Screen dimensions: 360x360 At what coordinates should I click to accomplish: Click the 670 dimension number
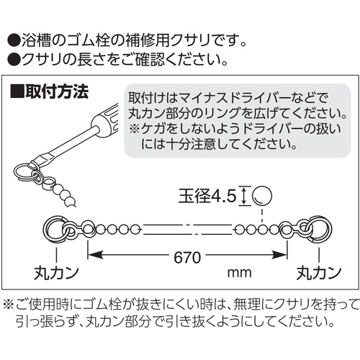187,258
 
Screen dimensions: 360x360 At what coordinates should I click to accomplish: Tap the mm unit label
239,273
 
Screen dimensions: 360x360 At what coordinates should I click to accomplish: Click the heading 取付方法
57,91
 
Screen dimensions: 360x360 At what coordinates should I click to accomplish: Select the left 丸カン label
56,273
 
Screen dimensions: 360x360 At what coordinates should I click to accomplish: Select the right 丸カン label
319,273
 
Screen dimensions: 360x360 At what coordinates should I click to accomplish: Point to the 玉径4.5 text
207,197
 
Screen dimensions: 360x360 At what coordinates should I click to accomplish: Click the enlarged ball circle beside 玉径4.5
262,196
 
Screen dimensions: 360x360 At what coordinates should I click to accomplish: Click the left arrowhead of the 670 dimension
94,255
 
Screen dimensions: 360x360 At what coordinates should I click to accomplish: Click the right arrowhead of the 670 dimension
279,255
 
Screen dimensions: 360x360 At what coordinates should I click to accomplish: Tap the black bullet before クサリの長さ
14,59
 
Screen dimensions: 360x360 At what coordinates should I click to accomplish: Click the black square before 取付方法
17,91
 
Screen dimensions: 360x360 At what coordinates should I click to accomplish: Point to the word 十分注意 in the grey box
192,144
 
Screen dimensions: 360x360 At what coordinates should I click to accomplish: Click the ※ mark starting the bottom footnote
9,305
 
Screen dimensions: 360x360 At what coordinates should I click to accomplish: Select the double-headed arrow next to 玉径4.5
244,196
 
